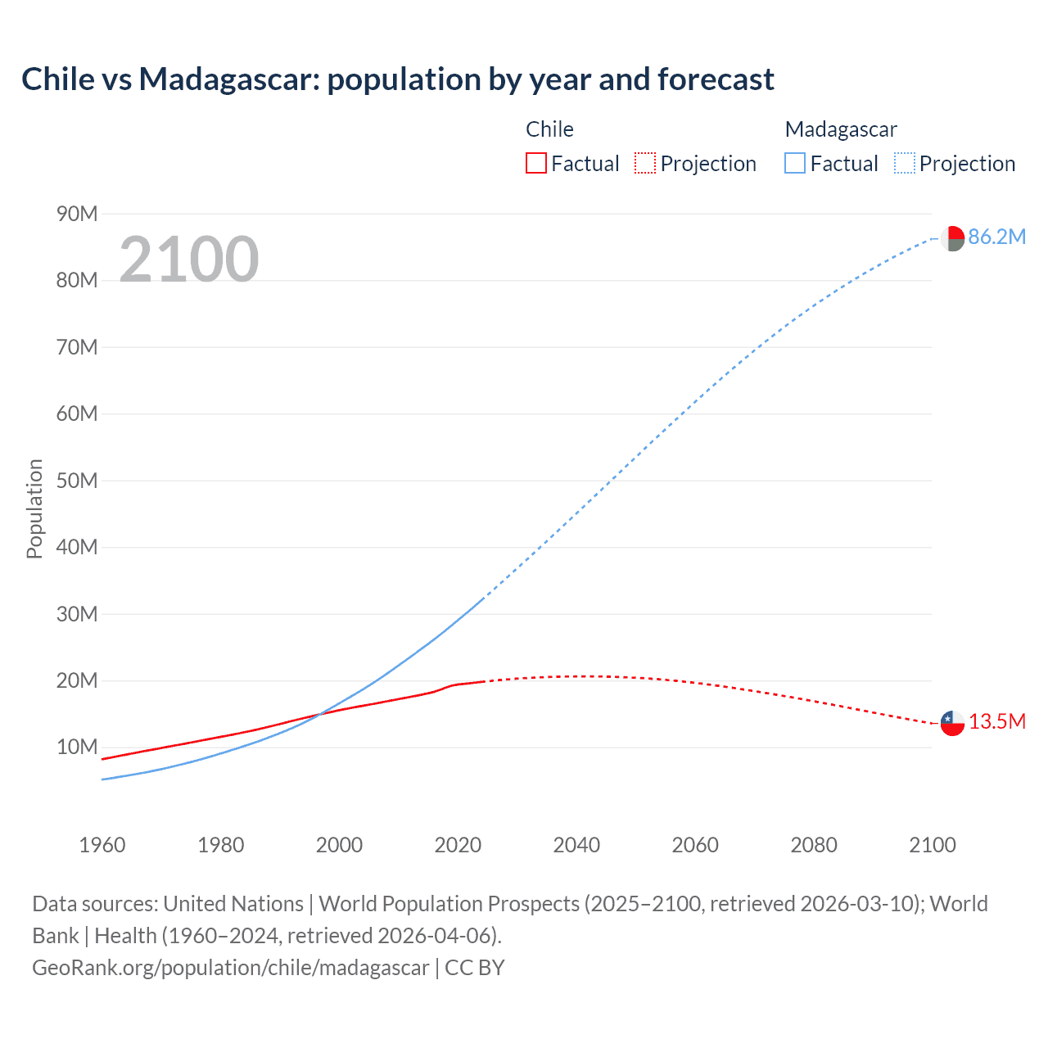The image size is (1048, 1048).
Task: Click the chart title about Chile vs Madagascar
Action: click(x=398, y=79)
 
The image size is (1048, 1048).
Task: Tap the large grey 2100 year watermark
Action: click(x=189, y=260)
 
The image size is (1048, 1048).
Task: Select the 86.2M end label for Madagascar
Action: click(x=996, y=237)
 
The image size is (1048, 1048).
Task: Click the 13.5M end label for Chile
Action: click(x=996, y=722)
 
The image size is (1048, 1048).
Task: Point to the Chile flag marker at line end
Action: click(x=952, y=723)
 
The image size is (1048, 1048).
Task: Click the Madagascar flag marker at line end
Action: click(x=952, y=238)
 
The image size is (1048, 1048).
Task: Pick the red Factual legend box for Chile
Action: click(x=535, y=164)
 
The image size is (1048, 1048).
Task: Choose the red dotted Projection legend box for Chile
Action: click(x=645, y=164)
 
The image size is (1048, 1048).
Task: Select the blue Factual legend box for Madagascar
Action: click(x=794, y=164)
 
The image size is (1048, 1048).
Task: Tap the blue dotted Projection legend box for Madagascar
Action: click(x=904, y=164)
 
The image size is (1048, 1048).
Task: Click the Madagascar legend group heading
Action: click(x=841, y=129)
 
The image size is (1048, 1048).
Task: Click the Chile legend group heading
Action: click(x=549, y=129)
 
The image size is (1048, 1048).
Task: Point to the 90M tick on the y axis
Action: click(x=77, y=215)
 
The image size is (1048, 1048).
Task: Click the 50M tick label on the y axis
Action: click(x=77, y=481)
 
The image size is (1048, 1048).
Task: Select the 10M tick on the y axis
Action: click(x=77, y=748)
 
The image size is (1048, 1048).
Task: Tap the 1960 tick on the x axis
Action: click(x=102, y=845)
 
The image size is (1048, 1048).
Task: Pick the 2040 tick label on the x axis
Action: click(x=576, y=845)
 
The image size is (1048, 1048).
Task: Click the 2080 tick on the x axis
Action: click(x=814, y=845)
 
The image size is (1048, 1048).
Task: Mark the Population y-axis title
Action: click(x=34, y=508)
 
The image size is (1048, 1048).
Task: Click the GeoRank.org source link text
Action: click(x=231, y=968)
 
